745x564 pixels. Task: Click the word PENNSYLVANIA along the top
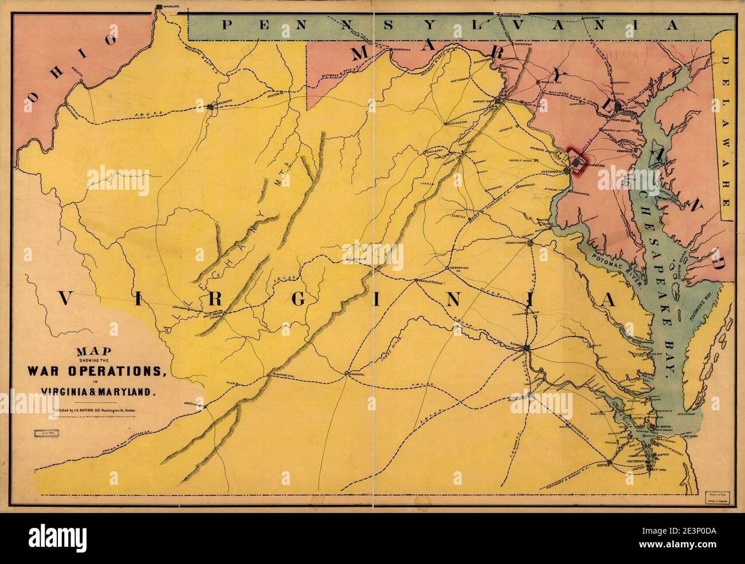click(x=451, y=24)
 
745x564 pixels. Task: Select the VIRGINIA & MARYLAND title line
click(x=98, y=391)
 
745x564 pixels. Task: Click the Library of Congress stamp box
click(x=717, y=495)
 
